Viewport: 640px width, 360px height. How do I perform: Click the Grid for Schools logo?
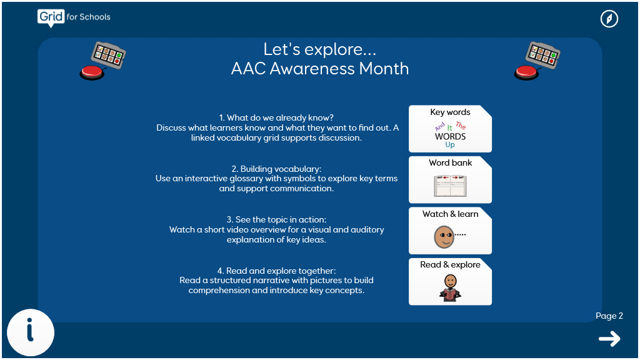(x=74, y=17)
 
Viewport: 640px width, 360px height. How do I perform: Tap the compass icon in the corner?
(x=609, y=19)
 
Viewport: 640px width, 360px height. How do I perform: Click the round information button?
(x=31, y=332)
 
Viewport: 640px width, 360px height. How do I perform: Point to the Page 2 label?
(x=609, y=316)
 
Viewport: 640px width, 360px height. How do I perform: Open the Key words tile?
(x=450, y=129)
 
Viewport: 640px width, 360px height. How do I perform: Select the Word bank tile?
(x=450, y=179)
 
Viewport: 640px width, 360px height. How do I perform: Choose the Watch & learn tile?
(x=450, y=231)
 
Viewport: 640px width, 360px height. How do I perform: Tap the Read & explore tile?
(x=450, y=282)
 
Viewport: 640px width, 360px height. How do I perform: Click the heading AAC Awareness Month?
(x=319, y=69)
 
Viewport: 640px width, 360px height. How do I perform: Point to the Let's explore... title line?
(x=319, y=49)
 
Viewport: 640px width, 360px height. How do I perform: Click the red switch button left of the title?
(x=92, y=72)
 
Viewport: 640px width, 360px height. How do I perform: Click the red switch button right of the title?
(x=526, y=72)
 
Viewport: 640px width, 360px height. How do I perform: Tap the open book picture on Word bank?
(x=450, y=186)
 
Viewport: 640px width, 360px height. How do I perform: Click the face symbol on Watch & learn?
(x=444, y=237)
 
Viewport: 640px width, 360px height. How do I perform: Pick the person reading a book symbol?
(x=450, y=288)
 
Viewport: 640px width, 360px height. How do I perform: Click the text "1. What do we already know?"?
(x=276, y=118)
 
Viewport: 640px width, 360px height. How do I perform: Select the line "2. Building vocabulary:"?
(x=276, y=169)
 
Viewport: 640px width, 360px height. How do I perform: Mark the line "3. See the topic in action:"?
(x=276, y=219)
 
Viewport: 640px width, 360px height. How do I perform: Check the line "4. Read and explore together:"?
(x=276, y=271)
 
